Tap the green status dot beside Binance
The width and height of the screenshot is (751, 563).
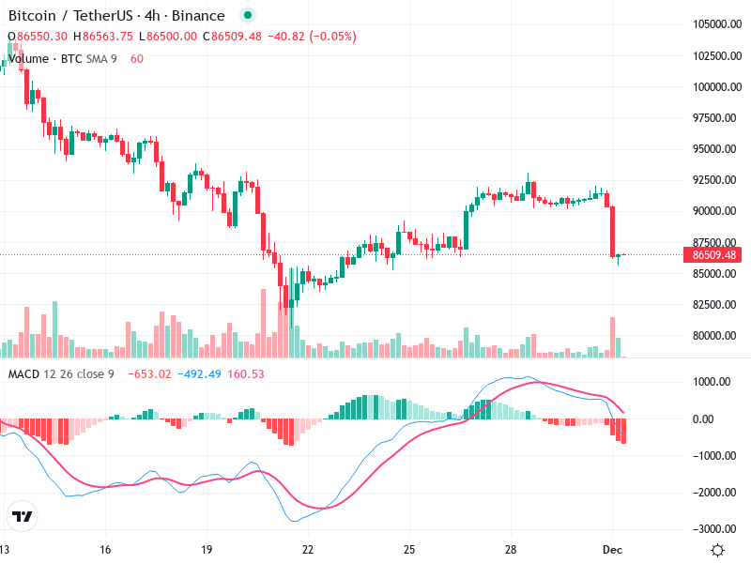click(247, 16)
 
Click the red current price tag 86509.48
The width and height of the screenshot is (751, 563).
click(713, 254)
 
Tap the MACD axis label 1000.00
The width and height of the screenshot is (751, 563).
click(711, 382)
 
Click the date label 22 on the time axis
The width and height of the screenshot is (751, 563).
click(308, 550)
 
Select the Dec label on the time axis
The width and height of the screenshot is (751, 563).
click(612, 550)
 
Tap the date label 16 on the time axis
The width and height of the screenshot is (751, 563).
click(105, 550)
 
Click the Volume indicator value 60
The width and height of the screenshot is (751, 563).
click(137, 59)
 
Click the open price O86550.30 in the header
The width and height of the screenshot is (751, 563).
click(38, 37)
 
